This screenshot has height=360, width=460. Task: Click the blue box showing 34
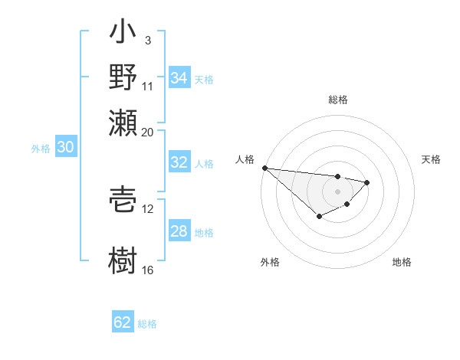click(179, 78)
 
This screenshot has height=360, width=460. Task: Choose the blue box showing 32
click(179, 162)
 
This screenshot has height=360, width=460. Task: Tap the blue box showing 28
click(179, 231)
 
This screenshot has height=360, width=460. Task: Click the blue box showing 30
click(65, 148)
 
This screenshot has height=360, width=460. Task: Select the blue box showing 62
click(123, 322)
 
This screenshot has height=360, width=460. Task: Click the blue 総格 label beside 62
click(147, 324)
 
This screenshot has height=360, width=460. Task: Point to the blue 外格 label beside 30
click(41, 149)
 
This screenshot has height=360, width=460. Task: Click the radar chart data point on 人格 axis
click(264, 168)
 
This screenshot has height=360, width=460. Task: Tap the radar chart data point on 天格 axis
click(367, 182)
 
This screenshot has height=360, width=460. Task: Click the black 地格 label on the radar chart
click(402, 263)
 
